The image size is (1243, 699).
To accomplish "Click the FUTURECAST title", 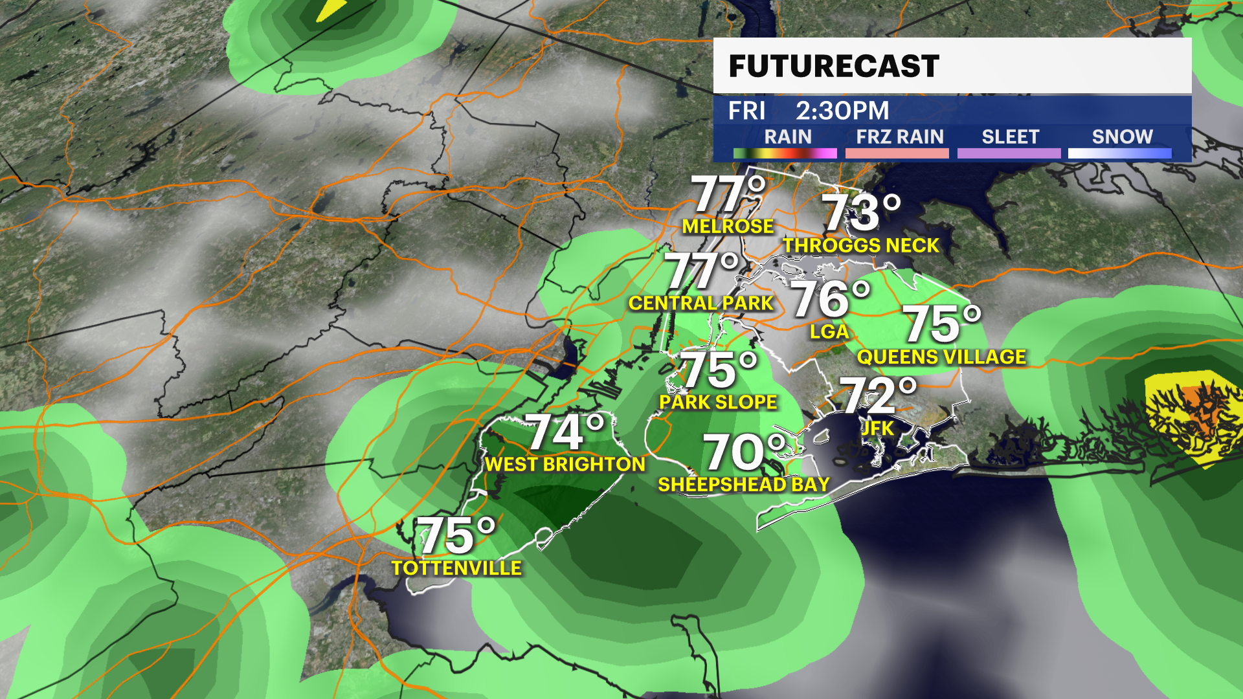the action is [834, 67].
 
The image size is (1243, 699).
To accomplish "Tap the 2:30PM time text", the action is [842, 111].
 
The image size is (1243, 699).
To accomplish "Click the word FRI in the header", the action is [746, 111].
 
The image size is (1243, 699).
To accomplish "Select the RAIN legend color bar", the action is [785, 153].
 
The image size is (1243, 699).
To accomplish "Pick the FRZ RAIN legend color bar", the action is [897, 153].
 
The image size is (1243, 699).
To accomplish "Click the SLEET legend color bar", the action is [1009, 153].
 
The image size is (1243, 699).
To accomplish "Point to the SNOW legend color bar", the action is [1119, 153].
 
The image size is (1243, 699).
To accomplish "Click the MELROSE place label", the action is [728, 227].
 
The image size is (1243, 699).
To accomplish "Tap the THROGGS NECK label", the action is [861, 246].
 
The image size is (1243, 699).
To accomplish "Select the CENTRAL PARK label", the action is [701, 304].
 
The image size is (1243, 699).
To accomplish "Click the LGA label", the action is [829, 332].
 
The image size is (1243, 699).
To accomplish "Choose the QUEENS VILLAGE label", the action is [941, 357].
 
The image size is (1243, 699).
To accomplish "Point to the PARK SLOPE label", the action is [718, 403].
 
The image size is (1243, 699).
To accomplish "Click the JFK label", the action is [877, 428].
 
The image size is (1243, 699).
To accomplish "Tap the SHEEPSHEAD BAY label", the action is [743, 485].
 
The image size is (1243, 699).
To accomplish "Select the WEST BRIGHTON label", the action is [565, 465].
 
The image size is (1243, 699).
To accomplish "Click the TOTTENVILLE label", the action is [456, 568].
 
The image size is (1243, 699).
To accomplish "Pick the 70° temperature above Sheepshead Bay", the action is [745, 452].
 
